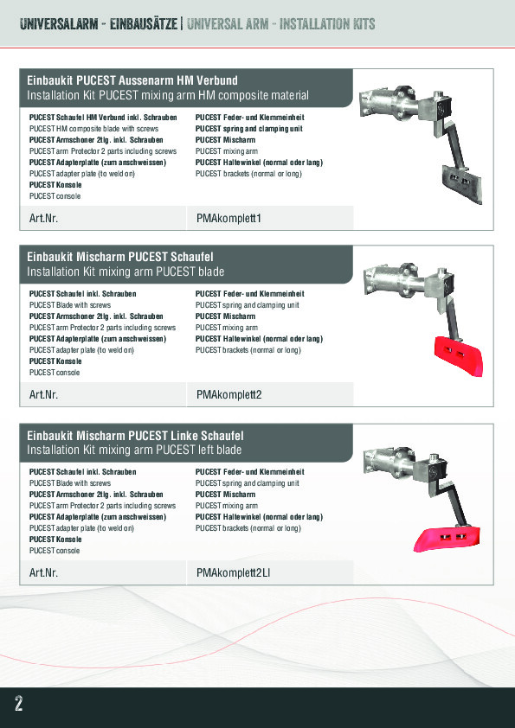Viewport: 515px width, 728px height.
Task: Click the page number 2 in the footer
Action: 18,704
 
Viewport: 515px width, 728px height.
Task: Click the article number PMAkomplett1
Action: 229,218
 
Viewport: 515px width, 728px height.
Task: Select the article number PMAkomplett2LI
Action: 234,573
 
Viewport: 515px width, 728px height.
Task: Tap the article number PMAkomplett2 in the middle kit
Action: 229,394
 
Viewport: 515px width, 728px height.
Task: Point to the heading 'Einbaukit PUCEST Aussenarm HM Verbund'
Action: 132,80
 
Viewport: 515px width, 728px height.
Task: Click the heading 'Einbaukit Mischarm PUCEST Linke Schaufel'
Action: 135,436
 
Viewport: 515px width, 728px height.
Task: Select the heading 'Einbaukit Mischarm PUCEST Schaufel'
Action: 120,257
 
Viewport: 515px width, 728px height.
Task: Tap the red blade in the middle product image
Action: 459,355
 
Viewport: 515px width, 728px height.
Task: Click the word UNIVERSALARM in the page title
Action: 59,24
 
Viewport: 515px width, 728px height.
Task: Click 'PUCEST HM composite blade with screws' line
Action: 93,129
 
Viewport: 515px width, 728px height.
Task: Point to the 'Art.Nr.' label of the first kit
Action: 43,218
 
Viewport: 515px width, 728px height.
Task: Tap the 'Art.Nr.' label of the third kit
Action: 43,573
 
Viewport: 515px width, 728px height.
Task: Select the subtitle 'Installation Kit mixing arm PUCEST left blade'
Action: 134,450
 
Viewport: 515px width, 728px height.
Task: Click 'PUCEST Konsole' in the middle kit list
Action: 55,361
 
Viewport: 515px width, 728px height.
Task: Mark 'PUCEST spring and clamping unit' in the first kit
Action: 248,129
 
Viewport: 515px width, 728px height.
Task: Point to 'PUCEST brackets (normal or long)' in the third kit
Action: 248,528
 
